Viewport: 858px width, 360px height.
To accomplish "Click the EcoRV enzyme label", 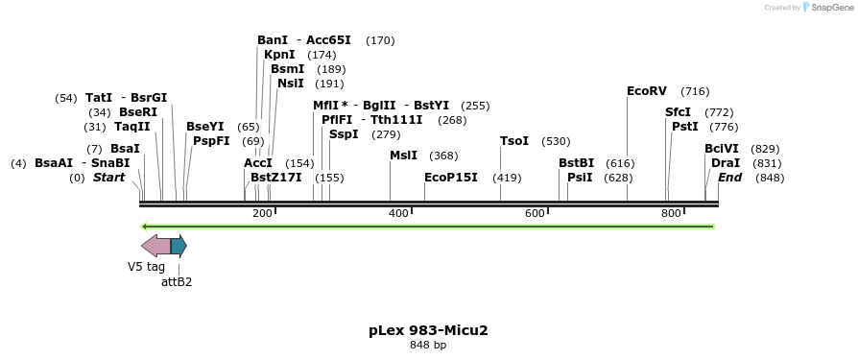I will point(646,91).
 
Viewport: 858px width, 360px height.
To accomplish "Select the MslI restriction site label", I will point(403,156).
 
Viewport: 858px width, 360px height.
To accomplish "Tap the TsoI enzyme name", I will point(514,141).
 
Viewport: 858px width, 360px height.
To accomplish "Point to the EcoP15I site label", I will point(451,178).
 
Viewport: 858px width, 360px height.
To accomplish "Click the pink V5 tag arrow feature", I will point(155,246).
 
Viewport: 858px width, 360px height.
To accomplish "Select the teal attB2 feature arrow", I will point(179,246).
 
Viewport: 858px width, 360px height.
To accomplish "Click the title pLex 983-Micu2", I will point(428,330).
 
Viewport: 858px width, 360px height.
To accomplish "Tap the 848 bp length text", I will point(428,345).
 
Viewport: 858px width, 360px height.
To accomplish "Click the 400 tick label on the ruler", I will point(398,213).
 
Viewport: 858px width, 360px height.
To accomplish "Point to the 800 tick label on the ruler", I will point(671,213).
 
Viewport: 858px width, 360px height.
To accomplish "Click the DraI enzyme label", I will point(726,163).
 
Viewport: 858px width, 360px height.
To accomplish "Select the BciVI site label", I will point(722,149).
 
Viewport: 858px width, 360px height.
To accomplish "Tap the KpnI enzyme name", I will point(279,55).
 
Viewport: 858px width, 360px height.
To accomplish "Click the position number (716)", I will point(695,91).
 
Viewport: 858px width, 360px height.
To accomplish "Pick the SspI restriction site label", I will point(344,134).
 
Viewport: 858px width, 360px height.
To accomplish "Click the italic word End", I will point(729,178).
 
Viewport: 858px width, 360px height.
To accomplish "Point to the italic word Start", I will point(108,178).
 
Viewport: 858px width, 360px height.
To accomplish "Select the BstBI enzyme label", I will point(577,163).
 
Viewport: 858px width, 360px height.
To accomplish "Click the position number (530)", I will point(556,141).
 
